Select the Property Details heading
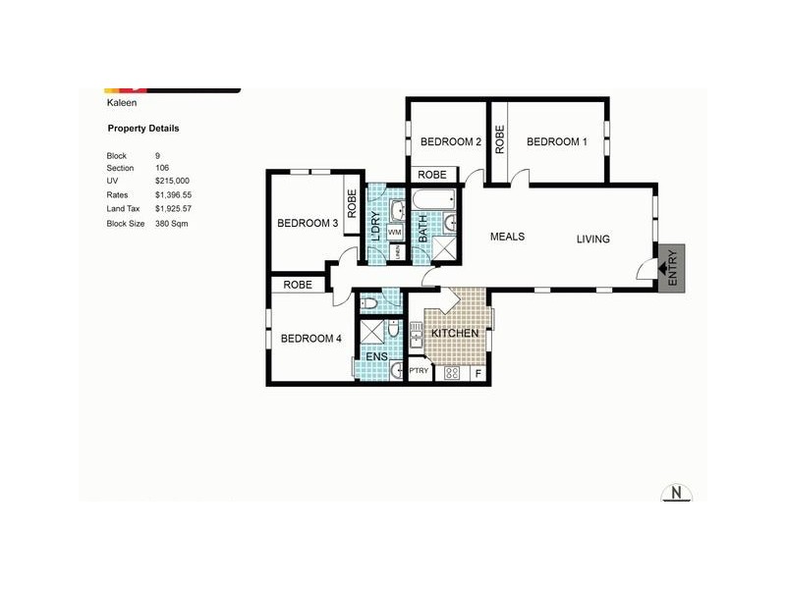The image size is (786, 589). click(x=142, y=129)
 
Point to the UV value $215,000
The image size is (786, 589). click(x=172, y=182)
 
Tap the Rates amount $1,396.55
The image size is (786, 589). click(x=175, y=195)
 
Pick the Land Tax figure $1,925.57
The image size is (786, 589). click(x=175, y=209)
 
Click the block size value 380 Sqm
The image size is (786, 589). click(x=171, y=224)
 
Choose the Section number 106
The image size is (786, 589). click(x=162, y=168)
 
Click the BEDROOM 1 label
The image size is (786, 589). click(x=557, y=141)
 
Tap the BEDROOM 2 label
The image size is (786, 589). click(x=450, y=141)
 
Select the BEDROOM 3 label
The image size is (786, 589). click(x=308, y=223)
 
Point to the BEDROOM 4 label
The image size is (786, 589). click(x=310, y=339)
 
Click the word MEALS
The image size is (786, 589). click(x=508, y=237)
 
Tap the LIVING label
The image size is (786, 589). click(x=592, y=239)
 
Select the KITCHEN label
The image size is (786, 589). click(x=455, y=334)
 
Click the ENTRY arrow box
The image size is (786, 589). click(x=672, y=266)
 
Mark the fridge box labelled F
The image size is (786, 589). click(x=478, y=373)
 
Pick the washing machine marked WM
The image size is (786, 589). click(x=393, y=232)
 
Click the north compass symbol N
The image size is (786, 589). click(x=676, y=493)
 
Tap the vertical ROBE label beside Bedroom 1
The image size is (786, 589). click(x=499, y=141)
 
